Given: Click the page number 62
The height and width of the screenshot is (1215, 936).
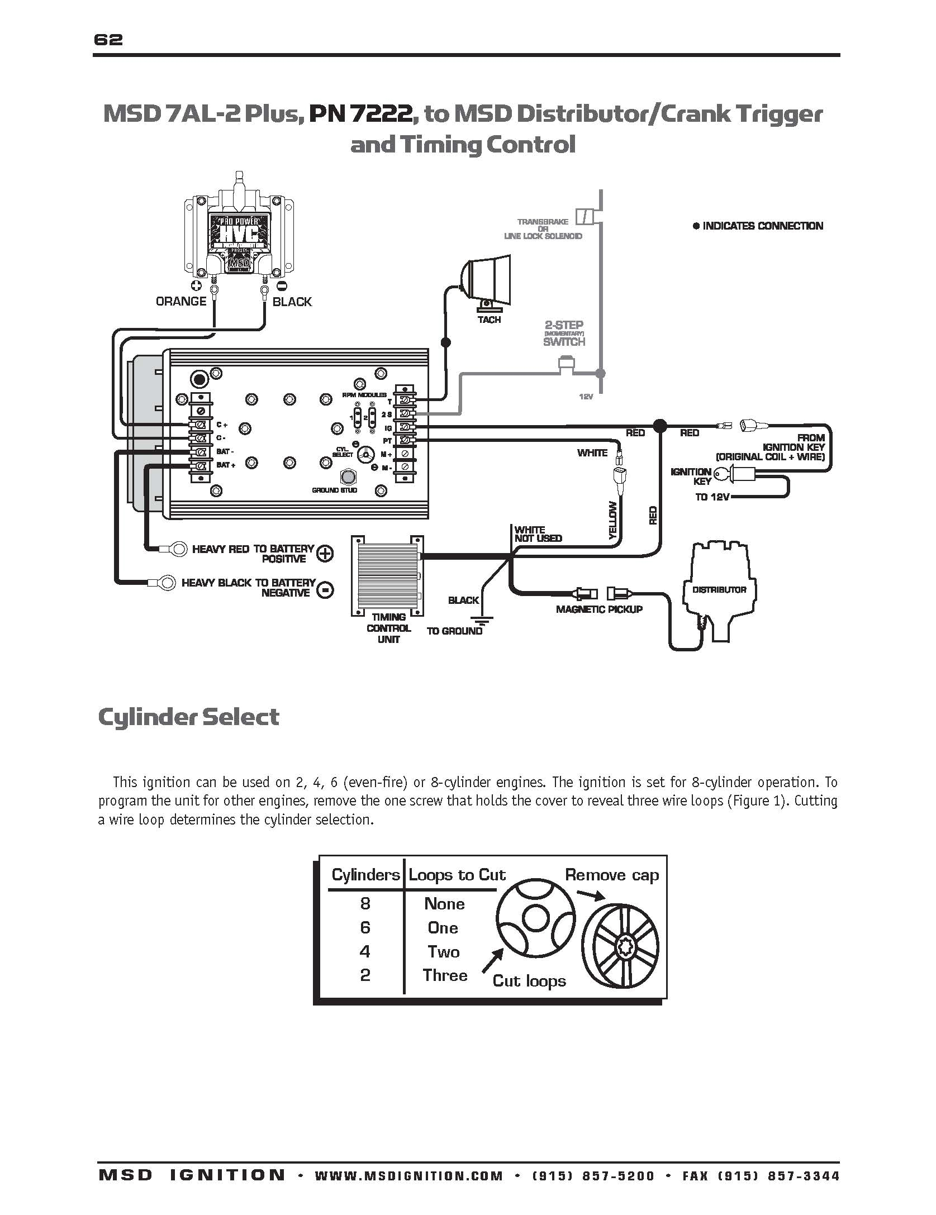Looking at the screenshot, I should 108,40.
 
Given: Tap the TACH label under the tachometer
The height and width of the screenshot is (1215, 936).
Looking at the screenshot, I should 489,320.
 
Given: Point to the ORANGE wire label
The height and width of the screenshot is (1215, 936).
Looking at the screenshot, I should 181,302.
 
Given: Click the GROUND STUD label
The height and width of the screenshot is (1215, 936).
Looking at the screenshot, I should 335,490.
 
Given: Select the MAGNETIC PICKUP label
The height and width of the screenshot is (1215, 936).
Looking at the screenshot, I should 599,609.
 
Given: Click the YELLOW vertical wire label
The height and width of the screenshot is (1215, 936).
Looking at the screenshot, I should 612,520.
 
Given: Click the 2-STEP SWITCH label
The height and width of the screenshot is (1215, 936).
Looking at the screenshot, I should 564,333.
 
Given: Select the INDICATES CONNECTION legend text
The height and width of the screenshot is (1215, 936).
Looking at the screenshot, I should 762,226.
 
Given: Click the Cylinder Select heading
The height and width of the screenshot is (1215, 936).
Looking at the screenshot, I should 188,717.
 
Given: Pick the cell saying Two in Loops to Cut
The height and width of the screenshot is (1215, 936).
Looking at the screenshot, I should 444,952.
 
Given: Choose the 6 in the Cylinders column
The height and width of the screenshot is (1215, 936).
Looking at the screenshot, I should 365,928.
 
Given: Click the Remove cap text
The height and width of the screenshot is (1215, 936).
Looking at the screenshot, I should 612,875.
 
